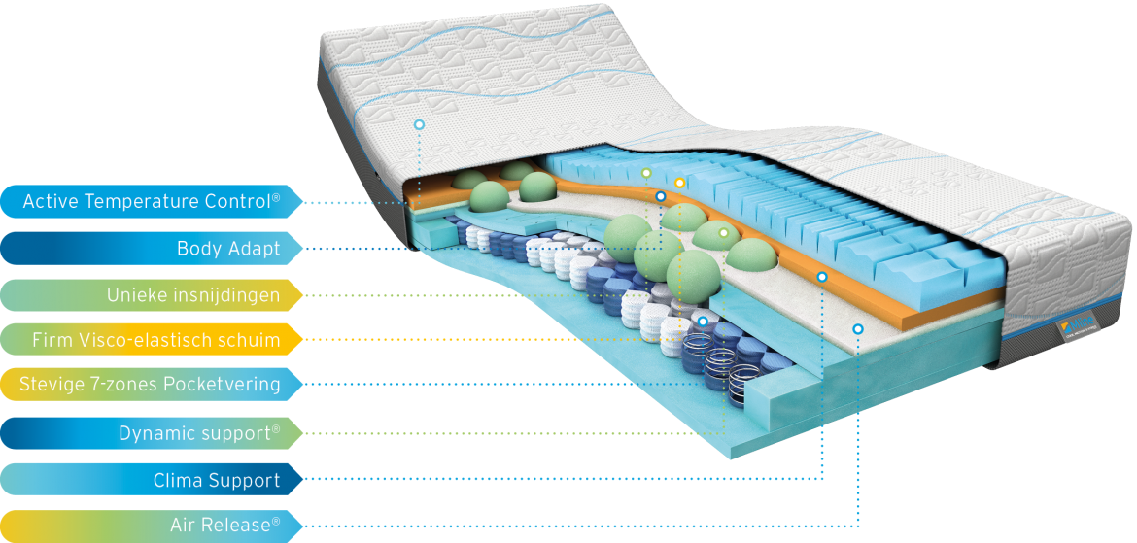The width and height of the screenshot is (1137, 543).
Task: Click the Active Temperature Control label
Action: coord(151,201)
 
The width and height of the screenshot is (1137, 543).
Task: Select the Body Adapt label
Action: coord(151,249)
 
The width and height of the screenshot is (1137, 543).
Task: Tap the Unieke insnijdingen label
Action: coord(151,295)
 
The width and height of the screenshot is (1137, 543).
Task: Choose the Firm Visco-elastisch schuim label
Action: coord(151,339)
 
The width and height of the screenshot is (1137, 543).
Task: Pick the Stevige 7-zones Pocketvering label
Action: coord(151,384)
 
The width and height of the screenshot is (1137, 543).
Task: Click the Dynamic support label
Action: coord(151,433)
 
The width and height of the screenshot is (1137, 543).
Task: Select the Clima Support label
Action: coord(151,479)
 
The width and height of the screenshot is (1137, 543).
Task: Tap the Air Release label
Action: coord(151,525)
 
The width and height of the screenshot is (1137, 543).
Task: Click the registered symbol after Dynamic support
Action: coord(276,429)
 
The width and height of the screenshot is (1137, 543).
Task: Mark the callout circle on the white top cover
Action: coord(419,124)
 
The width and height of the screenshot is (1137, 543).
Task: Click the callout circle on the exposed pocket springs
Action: coord(702,321)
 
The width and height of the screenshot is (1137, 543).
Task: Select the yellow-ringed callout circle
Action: coord(679,183)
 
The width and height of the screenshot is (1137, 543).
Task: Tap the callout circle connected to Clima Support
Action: coord(822,277)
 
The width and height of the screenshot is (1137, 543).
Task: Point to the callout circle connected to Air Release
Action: coord(858,329)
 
